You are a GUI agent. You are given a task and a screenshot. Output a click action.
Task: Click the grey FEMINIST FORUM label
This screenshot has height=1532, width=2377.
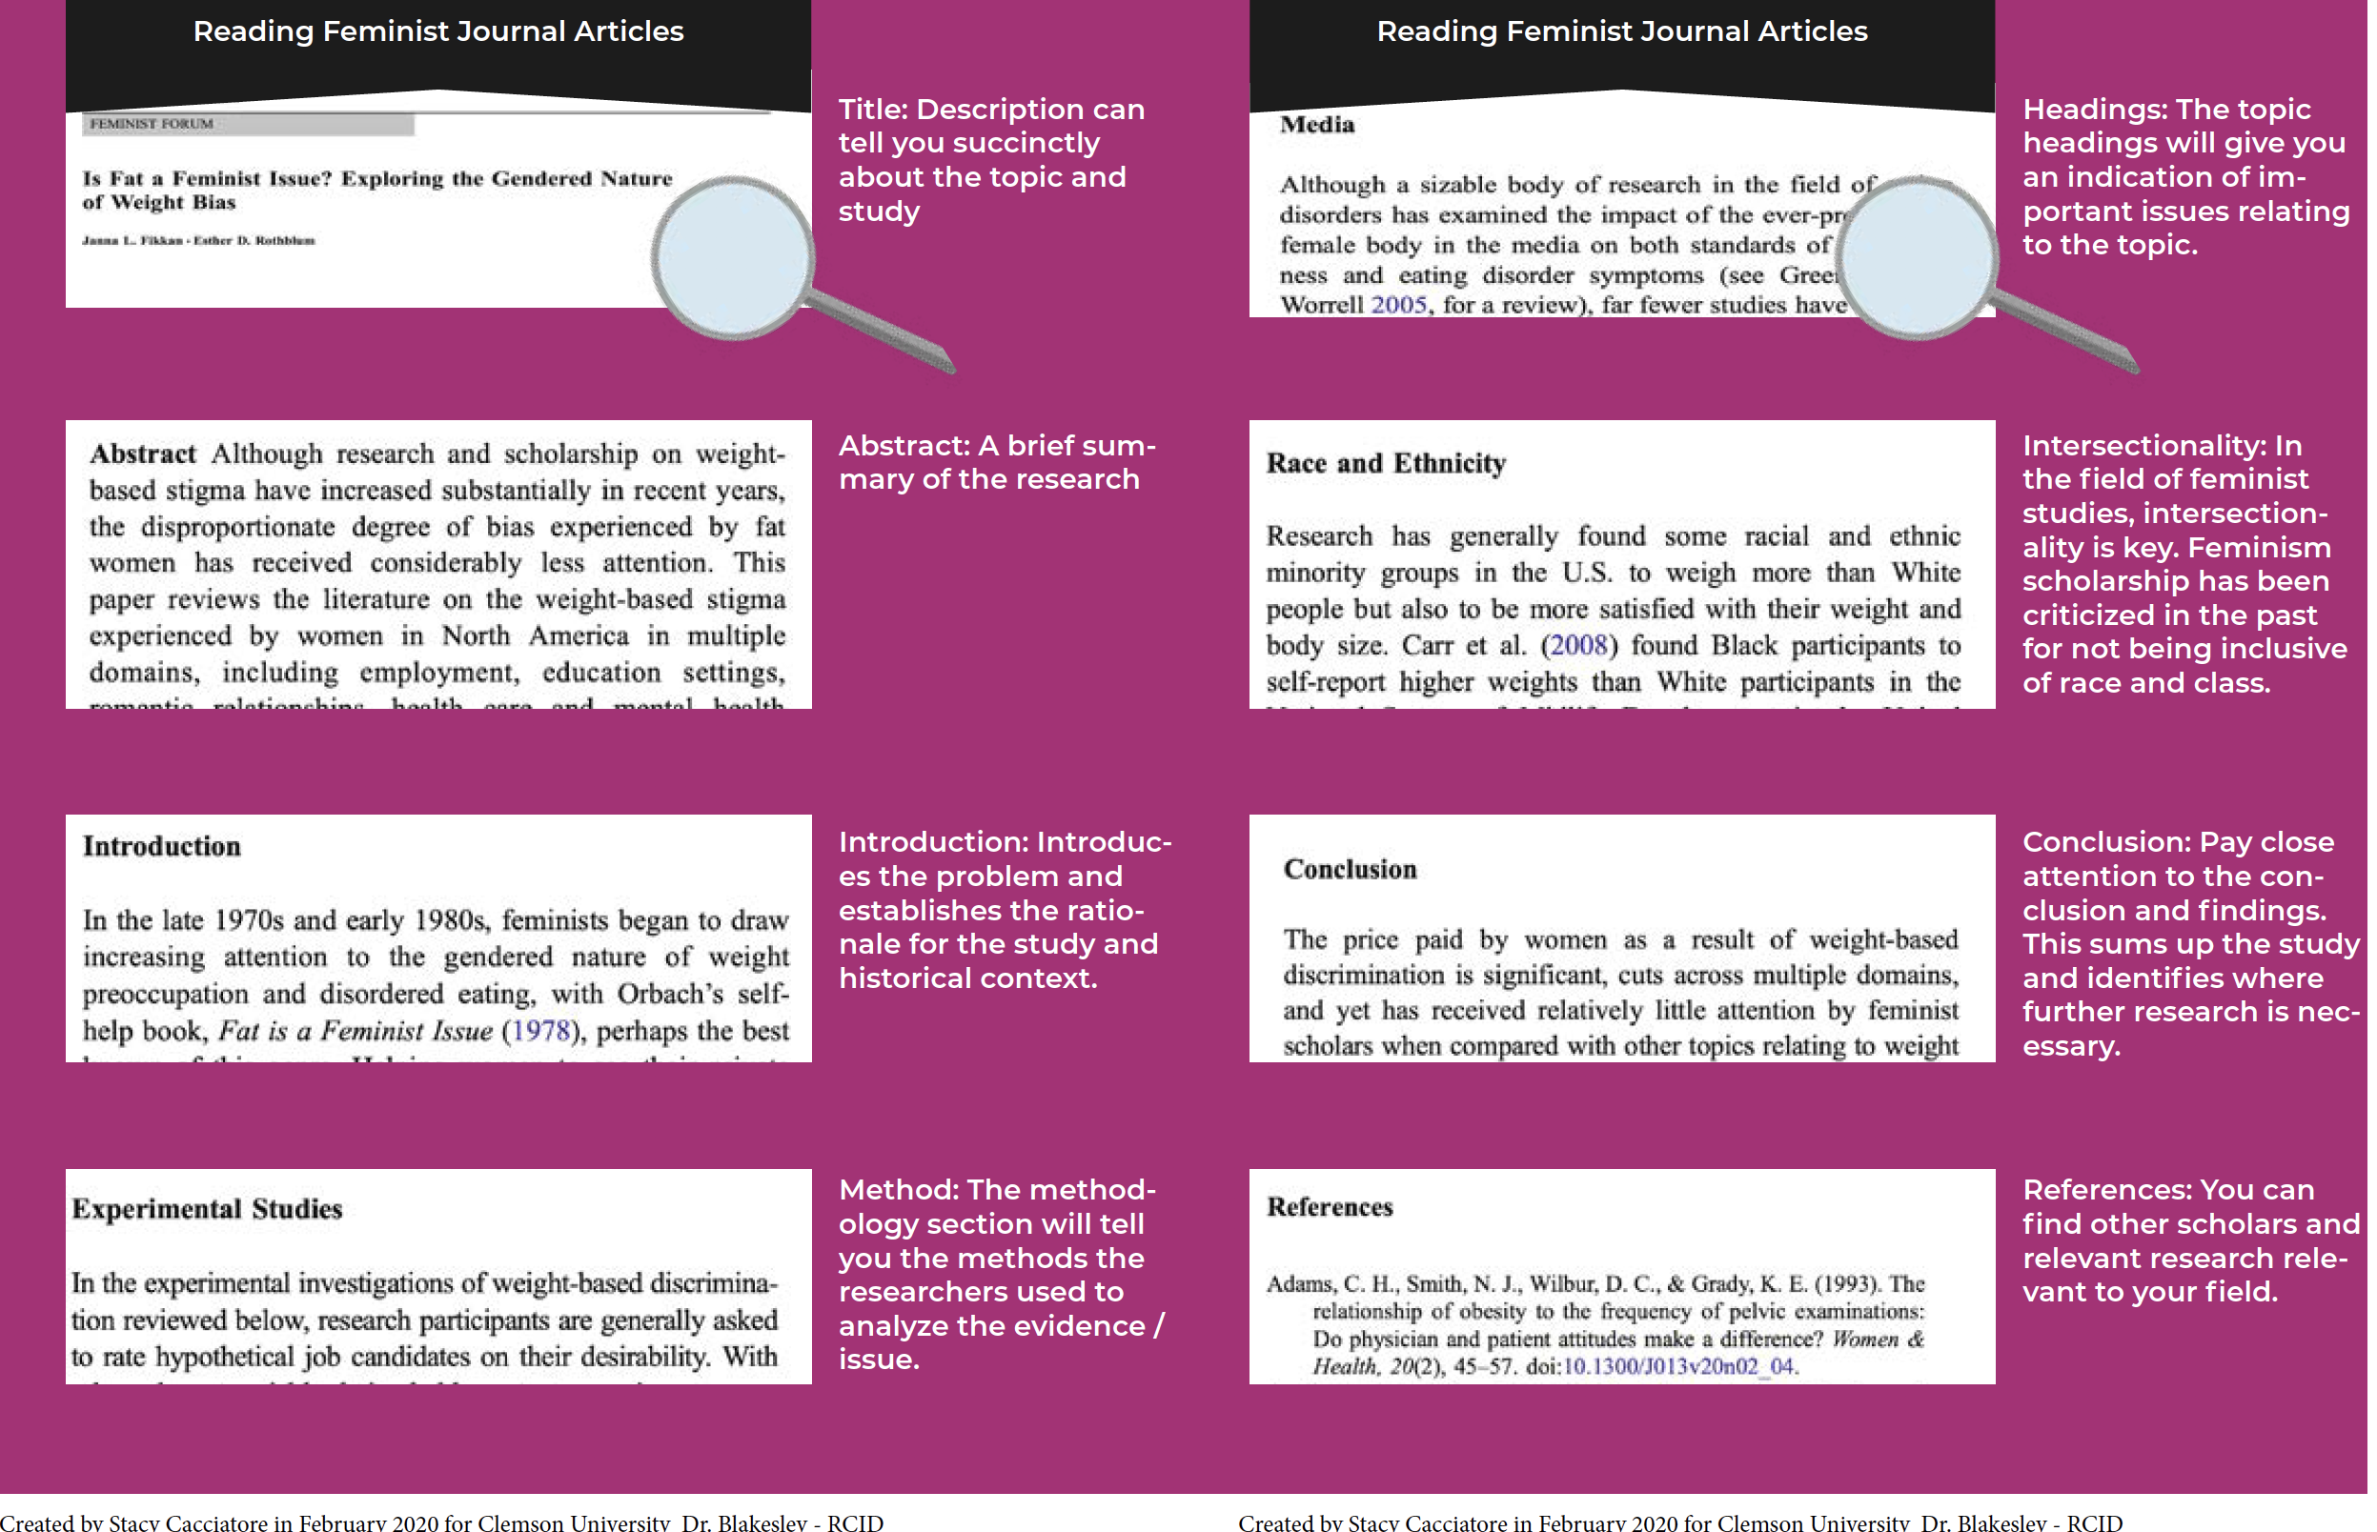(152, 123)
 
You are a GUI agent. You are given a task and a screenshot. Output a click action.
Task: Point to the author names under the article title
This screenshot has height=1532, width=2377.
(198, 240)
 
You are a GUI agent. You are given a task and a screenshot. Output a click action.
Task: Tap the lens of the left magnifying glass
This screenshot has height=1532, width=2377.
(733, 257)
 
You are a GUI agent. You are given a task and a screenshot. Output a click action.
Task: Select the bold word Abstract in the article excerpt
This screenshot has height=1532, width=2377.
(142, 454)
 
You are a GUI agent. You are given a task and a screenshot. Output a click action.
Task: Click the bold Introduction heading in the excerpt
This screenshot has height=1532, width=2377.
(161, 846)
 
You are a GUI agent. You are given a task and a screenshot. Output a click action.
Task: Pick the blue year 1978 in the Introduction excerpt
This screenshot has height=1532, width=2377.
(541, 1031)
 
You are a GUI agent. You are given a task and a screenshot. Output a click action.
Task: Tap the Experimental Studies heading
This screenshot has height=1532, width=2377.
(207, 1209)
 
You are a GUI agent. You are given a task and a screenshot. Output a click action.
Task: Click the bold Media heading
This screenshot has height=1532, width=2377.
(1316, 125)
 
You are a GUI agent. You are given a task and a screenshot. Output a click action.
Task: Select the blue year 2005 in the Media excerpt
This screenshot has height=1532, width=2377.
(1398, 306)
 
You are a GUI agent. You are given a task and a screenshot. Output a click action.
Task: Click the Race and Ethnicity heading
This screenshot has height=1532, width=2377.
(1385, 464)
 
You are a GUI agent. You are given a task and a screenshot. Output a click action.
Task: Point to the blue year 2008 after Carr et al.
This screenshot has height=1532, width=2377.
(1579, 646)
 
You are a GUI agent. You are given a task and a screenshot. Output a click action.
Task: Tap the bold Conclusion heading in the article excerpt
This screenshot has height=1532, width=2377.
(1350, 870)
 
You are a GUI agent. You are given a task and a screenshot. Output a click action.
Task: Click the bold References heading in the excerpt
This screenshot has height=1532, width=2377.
(1330, 1207)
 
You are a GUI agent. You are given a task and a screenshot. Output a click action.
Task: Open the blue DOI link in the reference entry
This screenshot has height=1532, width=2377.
(1679, 1367)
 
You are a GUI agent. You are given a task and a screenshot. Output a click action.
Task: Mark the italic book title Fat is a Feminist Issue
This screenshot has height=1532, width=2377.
(356, 1031)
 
